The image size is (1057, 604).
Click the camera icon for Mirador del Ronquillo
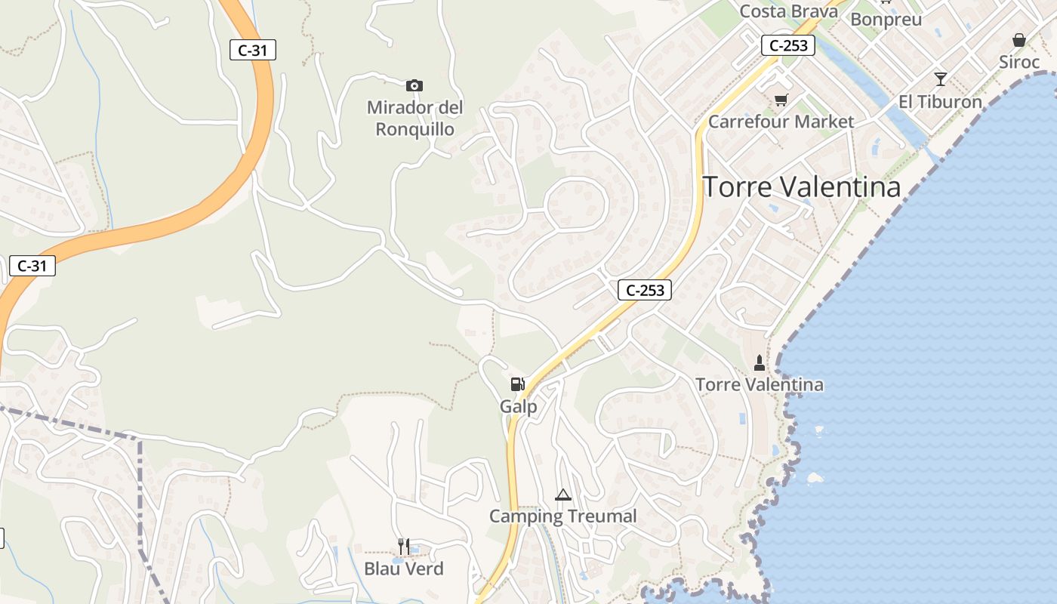tap(414, 85)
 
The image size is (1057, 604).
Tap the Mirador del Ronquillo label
tap(415, 119)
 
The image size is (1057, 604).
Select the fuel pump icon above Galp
tap(517, 384)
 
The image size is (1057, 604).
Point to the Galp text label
tap(519, 407)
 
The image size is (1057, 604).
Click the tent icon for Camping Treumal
tap(562, 495)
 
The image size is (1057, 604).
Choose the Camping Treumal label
tap(563, 516)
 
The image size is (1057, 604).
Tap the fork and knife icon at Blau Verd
tap(404, 546)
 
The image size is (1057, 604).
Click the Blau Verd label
tap(404, 569)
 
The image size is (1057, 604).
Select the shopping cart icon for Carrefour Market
tap(781, 100)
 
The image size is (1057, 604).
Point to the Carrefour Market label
tap(781, 122)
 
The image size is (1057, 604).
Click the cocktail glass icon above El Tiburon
tap(940, 79)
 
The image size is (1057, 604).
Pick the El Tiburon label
tap(940, 102)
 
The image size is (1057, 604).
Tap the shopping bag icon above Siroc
tap(1019, 40)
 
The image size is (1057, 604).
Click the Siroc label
tap(1019, 62)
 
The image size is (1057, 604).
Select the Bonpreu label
tap(886, 20)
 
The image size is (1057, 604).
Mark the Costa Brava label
tap(789, 11)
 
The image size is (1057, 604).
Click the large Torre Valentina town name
tap(803, 187)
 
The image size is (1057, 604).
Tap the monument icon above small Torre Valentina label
tap(760, 363)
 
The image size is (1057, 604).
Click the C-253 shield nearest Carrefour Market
tap(788, 45)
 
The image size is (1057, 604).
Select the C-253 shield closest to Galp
tap(645, 290)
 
